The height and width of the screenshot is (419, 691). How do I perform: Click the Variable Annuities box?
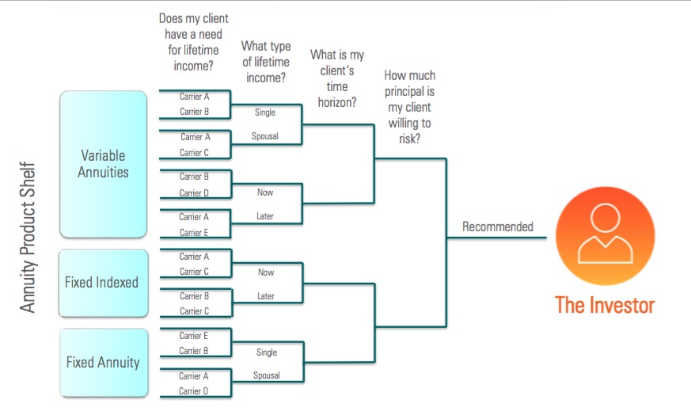[x=103, y=164]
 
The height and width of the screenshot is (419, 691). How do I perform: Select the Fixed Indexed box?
[x=103, y=283]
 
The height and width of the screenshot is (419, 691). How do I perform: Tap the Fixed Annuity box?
[x=104, y=363]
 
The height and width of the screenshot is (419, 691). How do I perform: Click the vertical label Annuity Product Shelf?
[x=28, y=238]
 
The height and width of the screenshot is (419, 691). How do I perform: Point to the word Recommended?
[x=498, y=227]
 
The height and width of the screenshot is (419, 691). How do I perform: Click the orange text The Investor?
[x=605, y=305]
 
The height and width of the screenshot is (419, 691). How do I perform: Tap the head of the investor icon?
[x=606, y=218]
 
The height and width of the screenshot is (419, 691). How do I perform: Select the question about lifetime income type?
[x=266, y=62]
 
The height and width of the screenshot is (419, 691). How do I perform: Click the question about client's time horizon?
[x=337, y=78]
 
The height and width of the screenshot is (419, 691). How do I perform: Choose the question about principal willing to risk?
[x=409, y=107]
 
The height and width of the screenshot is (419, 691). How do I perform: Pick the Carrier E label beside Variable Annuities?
[x=193, y=232]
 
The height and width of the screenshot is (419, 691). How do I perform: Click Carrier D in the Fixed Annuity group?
[x=193, y=390]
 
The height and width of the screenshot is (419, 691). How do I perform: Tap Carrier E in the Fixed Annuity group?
[x=193, y=336]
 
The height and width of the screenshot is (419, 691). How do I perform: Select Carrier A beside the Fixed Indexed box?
[x=194, y=257]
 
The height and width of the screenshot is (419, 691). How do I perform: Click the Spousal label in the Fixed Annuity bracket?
[x=267, y=375]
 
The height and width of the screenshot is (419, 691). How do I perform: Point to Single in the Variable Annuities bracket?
[x=265, y=112]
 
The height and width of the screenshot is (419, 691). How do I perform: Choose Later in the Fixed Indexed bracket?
[x=266, y=296]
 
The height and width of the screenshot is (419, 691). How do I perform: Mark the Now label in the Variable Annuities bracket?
[x=265, y=192]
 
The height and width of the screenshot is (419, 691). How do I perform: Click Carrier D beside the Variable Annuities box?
[x=194, y=192]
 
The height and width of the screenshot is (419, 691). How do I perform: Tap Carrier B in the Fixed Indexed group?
[x=195, y=296]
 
